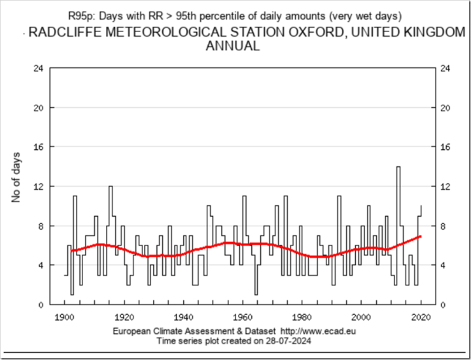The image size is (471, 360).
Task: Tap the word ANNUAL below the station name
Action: (232, 46)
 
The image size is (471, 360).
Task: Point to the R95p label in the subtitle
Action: (81, 14)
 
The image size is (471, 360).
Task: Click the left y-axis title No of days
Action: (17, 177)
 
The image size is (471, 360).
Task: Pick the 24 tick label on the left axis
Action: (39, 68)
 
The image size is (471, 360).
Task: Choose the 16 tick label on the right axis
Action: (447, 147)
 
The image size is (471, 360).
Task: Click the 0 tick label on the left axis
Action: (41, 304)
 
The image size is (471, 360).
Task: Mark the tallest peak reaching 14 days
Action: (398, 167)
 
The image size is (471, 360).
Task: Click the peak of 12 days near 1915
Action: (111, 187)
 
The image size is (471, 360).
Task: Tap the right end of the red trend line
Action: (421, 236)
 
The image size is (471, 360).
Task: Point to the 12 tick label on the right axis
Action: (447, 186)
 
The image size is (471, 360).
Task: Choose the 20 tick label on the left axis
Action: (39, 107)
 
